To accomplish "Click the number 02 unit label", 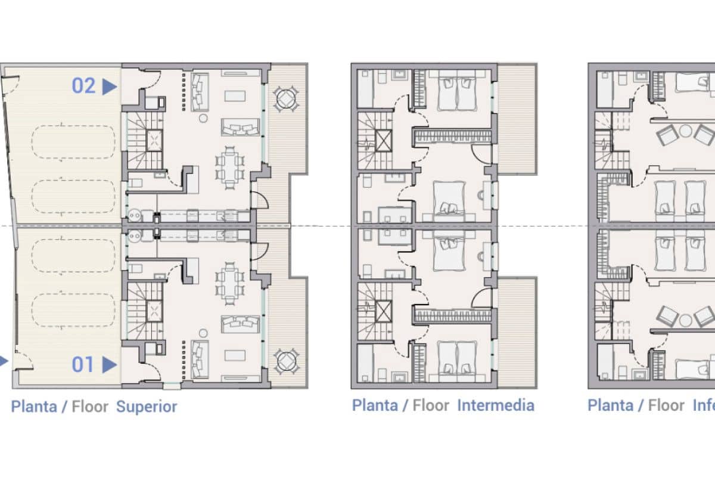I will (83, 86).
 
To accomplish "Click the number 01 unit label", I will (83, 364).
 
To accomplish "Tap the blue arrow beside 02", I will (109, 86).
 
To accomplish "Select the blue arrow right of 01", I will (109, 364).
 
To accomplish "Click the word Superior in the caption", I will (147, 407).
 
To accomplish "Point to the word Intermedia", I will (496, 406).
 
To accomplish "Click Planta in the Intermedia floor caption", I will (375, 406).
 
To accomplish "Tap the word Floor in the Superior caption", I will (90, 407).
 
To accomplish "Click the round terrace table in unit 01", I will (287, 361).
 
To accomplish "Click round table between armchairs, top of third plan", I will (686, 132).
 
